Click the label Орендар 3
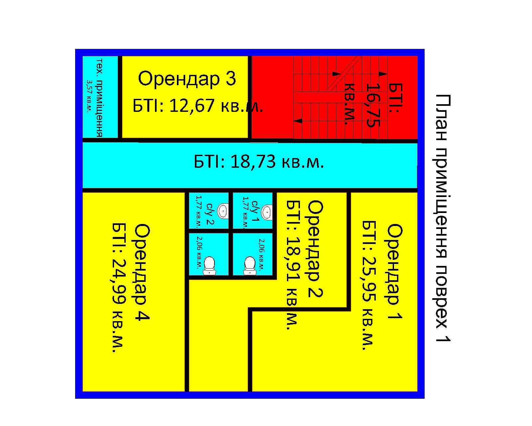coord(187,79)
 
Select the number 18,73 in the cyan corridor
coord(253,162)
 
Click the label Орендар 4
coord(142,272)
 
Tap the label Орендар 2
coord(315,249)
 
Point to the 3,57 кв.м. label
coord(89,96)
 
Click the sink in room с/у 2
coord(223,211)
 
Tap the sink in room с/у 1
coord(267,212)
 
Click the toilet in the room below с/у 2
coord(209,266)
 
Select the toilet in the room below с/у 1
coord(249,266)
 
